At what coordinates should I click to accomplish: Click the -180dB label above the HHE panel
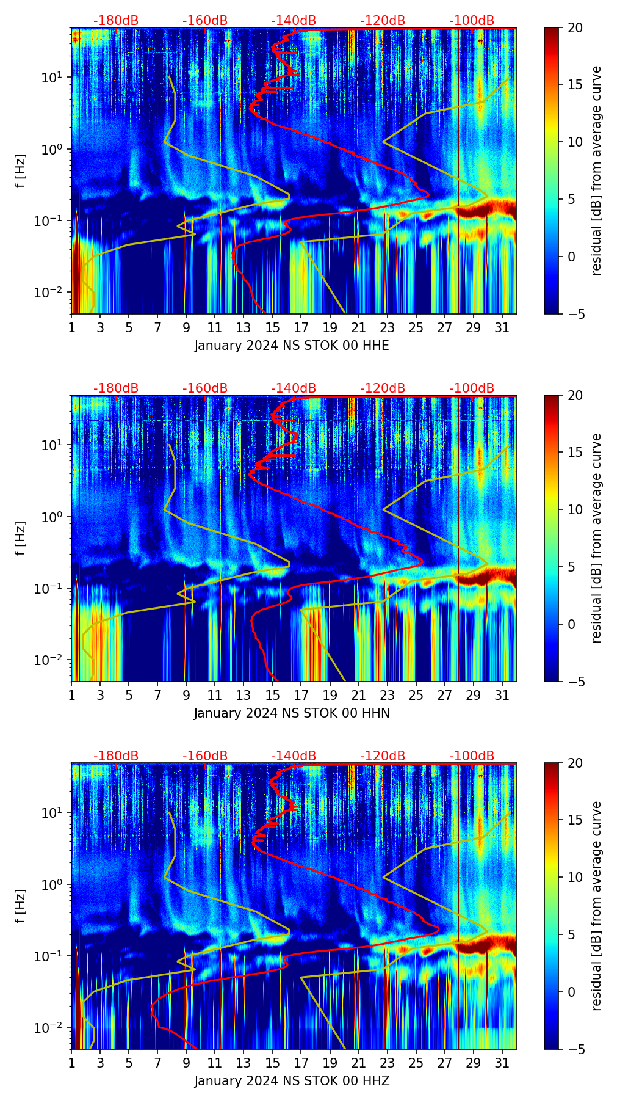click(116, 21)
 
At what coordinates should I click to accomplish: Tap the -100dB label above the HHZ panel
click(472, 756)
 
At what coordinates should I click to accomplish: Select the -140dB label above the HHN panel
click(294, 388)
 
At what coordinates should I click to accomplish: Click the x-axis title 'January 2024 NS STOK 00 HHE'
click(292, 346)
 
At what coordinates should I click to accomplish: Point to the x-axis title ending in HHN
click(292, 713)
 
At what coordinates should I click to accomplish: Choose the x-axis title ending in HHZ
click(292, 1081)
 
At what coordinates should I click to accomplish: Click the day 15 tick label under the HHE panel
click(272, 327)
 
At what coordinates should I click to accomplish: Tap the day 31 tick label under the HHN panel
click(502, 695)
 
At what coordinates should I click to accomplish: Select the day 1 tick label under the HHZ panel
click(71, 1063)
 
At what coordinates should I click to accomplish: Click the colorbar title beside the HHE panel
click(597, 171)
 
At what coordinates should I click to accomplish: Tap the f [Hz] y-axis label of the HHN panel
click(21, 539)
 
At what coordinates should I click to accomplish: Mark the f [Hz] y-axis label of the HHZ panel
click(21, 906)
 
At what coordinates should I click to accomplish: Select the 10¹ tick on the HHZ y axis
click(55, 813)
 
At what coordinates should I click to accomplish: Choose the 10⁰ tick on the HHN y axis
click(55, 517)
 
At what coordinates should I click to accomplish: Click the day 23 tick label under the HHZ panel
click(387, 1063)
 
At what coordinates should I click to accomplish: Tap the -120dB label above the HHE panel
click(383, 21)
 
